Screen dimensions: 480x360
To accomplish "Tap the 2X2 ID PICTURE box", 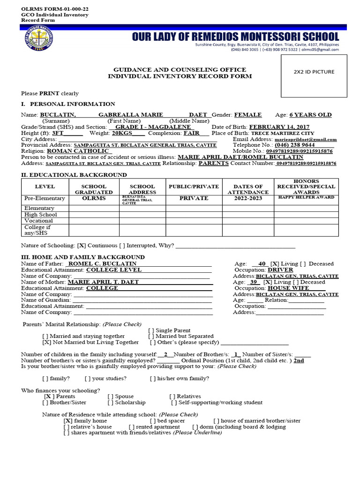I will (x=314, y=72).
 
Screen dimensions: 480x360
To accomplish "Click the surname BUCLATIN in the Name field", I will (x=58, y=115).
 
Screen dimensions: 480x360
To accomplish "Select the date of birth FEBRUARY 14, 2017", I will (x=279, y=127).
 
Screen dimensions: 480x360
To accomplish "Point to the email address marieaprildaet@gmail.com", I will (x=305, y=140).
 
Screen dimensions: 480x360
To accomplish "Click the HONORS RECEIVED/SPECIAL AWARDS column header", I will (x=306, y=187).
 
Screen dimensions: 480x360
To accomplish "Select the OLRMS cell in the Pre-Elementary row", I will (x=94, y=198).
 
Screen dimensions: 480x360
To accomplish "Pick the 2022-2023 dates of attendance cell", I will (x=247, y=198).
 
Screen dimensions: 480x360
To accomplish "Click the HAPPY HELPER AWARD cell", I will (x=306, y=197).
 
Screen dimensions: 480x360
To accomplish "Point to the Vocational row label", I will (x=38, y=221).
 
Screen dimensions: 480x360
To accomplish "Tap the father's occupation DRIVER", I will (x=280, y=270).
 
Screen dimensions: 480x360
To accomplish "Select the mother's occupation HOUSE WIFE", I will (x=285, y=288).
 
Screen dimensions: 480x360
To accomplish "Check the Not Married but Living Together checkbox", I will (x=46, y=343).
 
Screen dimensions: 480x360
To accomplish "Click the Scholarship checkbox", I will (x=111, y=403).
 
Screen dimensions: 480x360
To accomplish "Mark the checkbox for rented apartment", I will (x=131, y=427).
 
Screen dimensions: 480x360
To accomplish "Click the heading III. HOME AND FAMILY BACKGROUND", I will (x=83, y=257).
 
